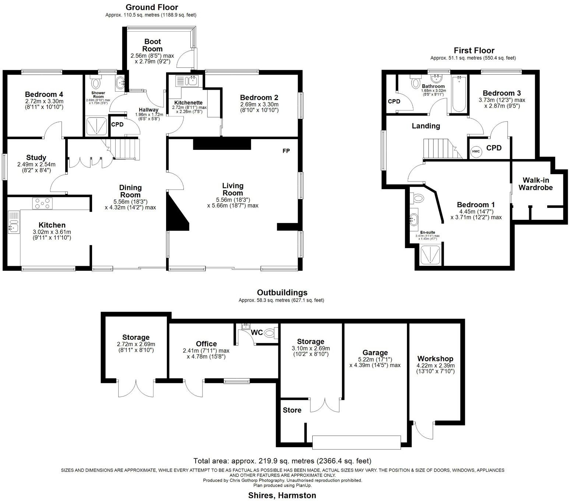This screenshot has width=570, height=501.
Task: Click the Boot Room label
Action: [152, 45]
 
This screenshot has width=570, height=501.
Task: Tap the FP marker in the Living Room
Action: [286, 151]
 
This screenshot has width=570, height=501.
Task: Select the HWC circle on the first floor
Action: [476, 151]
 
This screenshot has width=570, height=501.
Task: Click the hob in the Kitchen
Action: [43, 204]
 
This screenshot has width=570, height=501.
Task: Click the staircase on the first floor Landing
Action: [440, 148]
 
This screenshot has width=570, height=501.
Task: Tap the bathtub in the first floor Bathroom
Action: [459, 94]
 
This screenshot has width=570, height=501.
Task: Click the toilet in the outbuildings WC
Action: [271, 333]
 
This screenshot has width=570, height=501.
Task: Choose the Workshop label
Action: [435, 359]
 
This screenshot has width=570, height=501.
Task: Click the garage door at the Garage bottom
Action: [356, 442]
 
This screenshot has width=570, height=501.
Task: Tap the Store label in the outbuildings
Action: [292, 410]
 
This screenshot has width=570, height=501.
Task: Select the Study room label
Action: [36, 158]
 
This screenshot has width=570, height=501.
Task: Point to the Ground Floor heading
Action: [152, 7]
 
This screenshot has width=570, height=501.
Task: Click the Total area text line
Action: [282, 461]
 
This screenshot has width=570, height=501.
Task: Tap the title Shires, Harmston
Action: [282, 495]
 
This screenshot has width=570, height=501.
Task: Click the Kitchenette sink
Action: [192, 81]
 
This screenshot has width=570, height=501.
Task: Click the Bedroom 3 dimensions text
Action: [502, 103]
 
